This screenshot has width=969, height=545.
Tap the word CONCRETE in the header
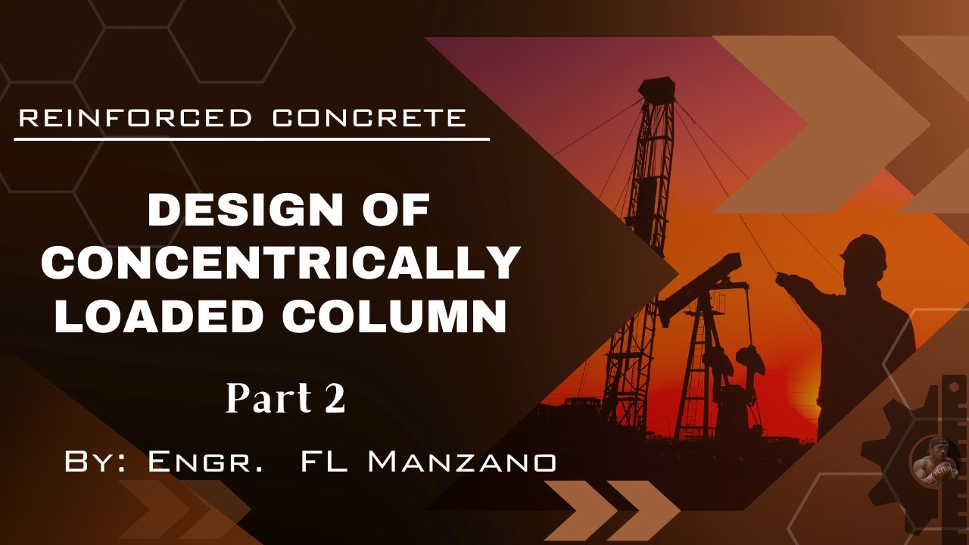click(369, 118)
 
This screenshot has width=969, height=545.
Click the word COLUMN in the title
click(394, 316)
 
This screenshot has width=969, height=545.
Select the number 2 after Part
click(335, 399)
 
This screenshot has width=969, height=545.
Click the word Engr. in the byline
click(205, 462)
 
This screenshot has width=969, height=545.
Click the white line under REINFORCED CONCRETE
click(251, 139)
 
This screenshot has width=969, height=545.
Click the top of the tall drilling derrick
click(656, 87)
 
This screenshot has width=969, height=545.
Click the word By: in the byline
click(95, 462)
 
